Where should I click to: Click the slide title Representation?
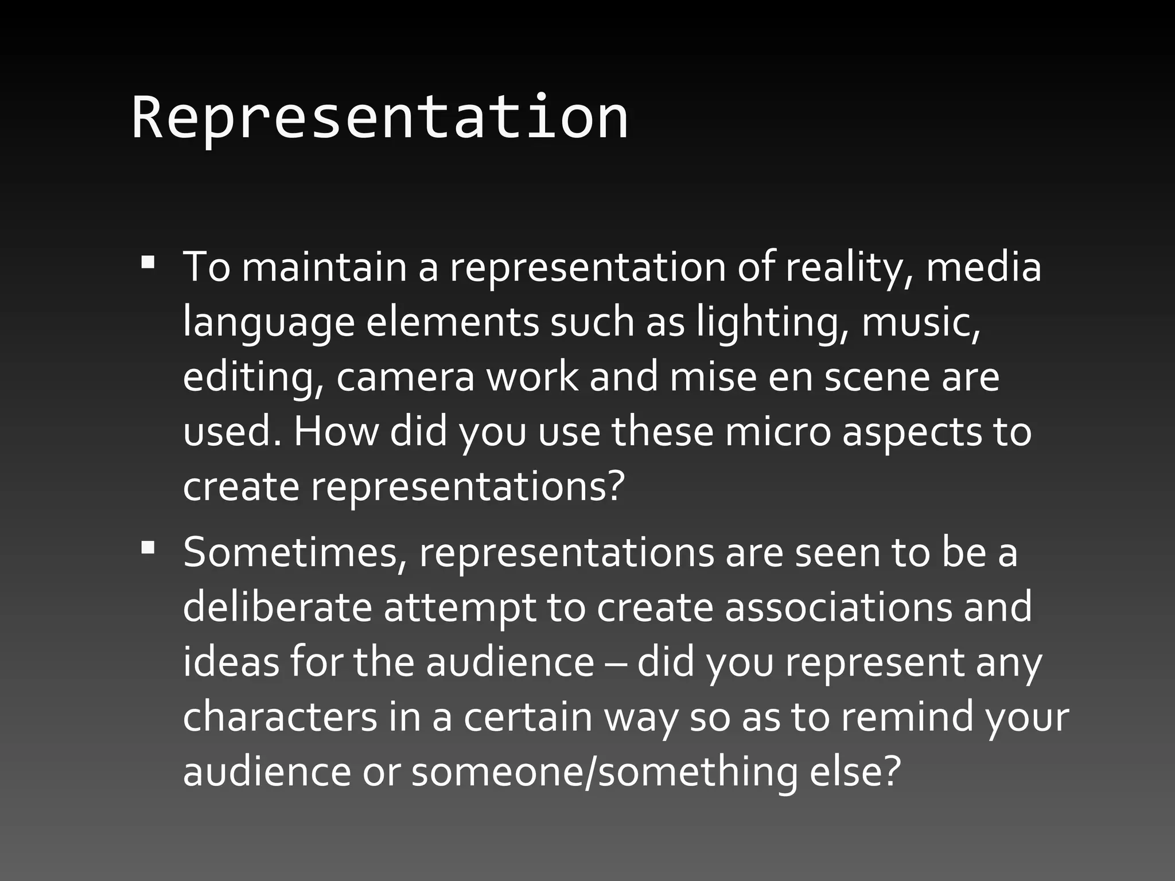point(380,118)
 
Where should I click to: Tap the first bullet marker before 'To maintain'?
point(148,263)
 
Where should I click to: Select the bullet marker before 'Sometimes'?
point(148,548)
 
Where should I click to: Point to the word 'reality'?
point(849,268)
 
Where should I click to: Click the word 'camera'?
point(405,377)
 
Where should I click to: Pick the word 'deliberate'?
point(278,607)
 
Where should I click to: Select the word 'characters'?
point(280,717)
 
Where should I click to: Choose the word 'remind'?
point(907,717)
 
